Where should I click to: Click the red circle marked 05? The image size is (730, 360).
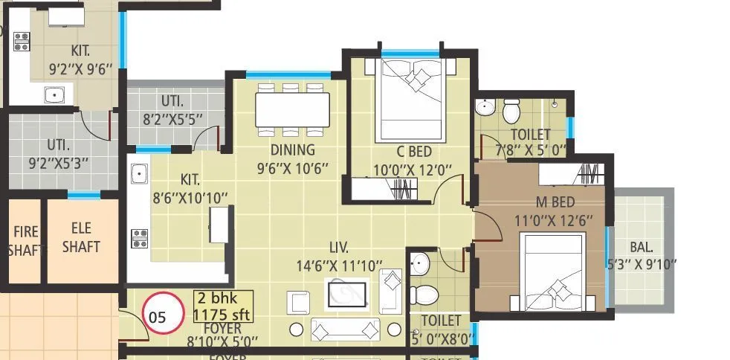(162, 315)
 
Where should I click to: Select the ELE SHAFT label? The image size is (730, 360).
(81, 238)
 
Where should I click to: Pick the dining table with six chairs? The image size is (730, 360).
(292, 110)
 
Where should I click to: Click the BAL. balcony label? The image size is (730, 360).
(643, 248)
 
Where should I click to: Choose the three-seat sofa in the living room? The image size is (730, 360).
(346, 329)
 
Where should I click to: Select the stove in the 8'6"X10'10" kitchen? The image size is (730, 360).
(139, 238)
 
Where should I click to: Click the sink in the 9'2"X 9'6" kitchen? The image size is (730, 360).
(54, 94)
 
